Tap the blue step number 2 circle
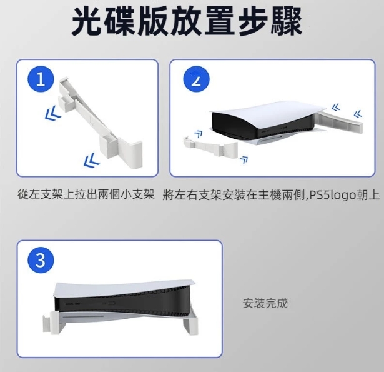pos(196,79)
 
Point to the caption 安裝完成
pos(265,304)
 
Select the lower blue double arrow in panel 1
pos(91,159)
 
